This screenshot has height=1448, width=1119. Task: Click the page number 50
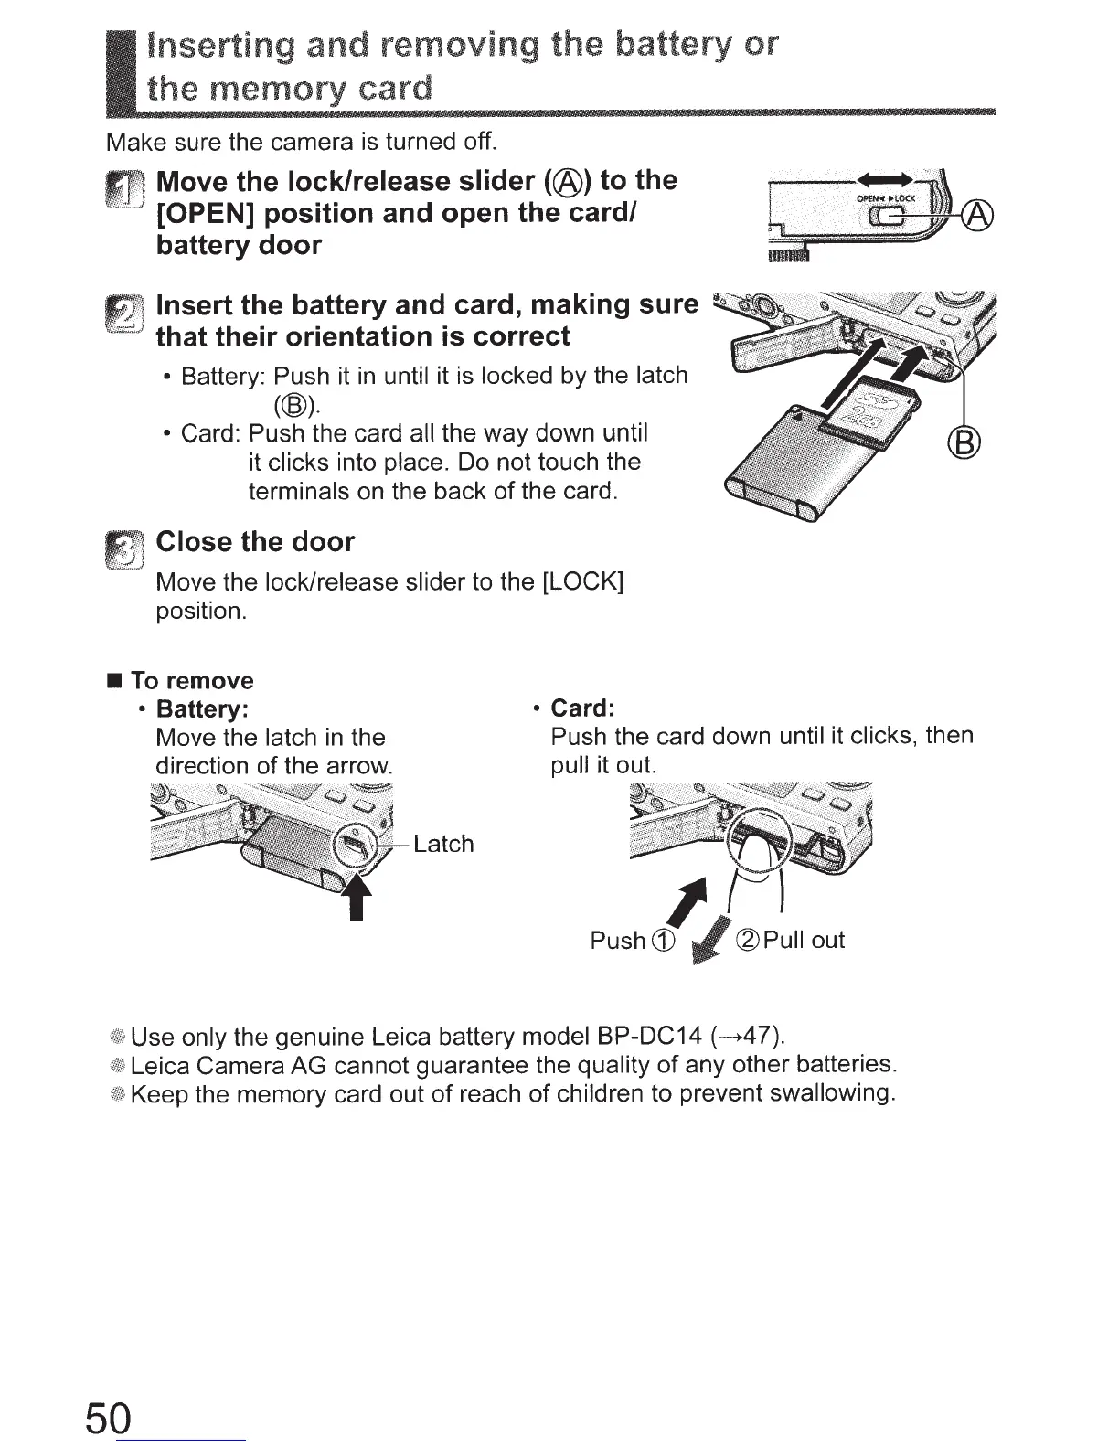click(x=110, y=1418)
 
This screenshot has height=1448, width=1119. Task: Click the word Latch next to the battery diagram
click(x=443, y=844)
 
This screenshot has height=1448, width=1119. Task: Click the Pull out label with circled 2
click(x=791, y=940)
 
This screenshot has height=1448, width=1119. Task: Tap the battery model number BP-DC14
click(x=648, y=1036)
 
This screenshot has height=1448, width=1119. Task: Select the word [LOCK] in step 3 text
click(x=582, y=582)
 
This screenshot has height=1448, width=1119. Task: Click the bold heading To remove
click(x=192, y=681)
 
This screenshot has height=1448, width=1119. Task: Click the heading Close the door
click(x=255, y=542)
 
